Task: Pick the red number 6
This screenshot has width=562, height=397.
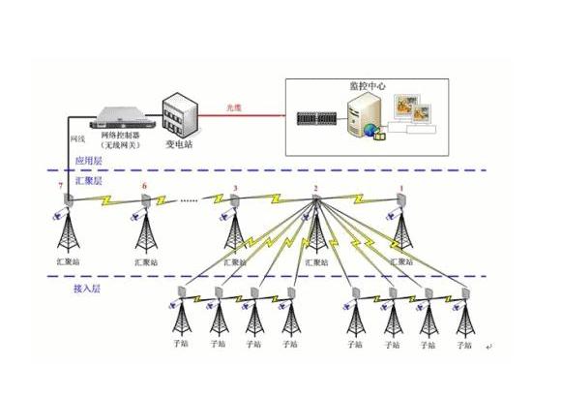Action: click(x=144, y=186)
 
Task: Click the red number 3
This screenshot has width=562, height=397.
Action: click(x=234, y=188)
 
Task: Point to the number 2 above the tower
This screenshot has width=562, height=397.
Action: click(x=315, y=188)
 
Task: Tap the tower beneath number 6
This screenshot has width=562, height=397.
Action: click(x=144, y=232)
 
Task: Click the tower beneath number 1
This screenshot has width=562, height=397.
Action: click(x=401, y=232)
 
